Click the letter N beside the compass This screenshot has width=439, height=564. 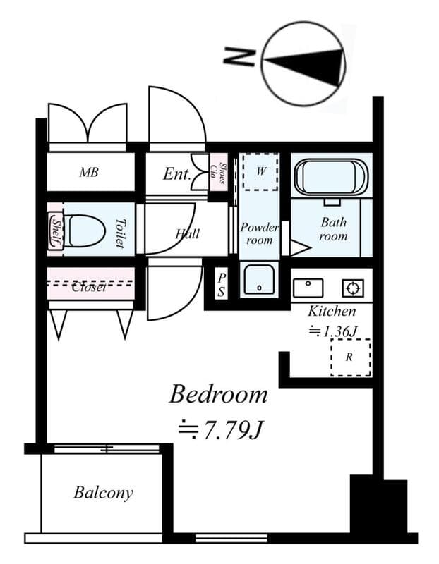click(239, 57)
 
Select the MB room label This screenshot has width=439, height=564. click(89, 172)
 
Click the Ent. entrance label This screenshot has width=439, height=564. click(176, 174)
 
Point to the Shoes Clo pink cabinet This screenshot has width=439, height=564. click(219, 173)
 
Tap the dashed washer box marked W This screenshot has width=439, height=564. click(260, 171)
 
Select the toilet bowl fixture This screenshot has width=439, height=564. click(85, 231)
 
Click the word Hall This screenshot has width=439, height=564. click(188, 234)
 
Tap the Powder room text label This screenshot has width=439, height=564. click(259, 233)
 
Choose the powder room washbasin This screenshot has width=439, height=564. click(259, 280)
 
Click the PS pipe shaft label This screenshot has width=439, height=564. click(222, 285)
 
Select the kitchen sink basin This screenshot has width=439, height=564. click(308, 288)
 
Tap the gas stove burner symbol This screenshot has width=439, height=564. click(353, 288)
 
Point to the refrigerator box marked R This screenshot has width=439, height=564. click(351, 357)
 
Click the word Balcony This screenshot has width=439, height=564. click(103, 492)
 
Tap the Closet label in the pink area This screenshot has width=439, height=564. click(90, 287)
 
